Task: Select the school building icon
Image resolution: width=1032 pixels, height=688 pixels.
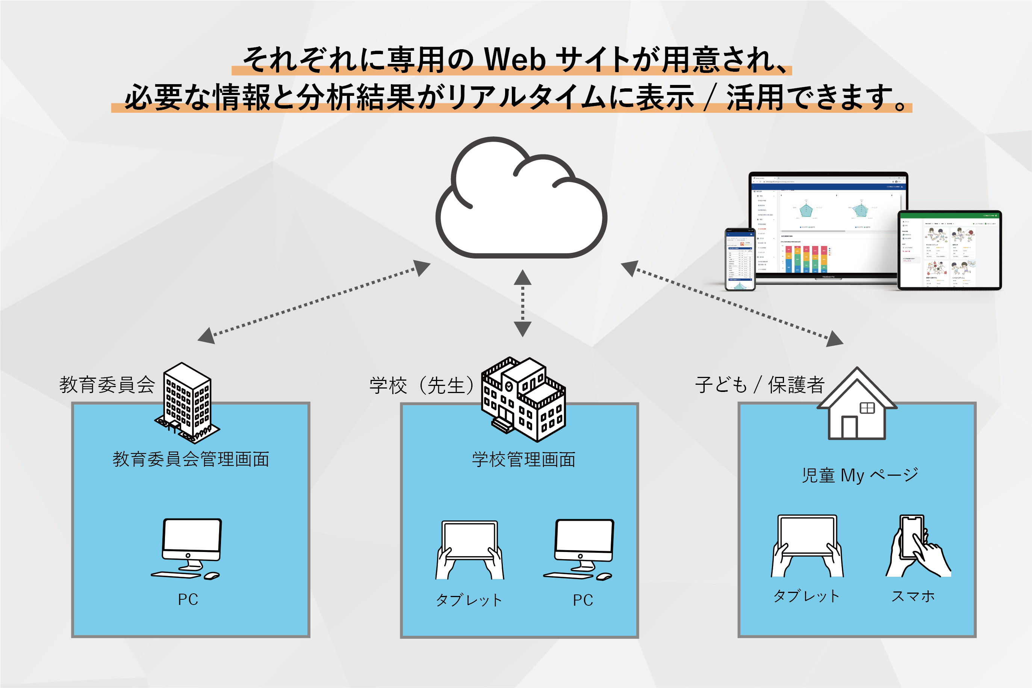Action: [524, 399]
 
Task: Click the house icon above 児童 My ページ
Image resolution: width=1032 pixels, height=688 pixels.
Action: [856, 405]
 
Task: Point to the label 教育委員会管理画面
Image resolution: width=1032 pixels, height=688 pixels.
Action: [191, 459]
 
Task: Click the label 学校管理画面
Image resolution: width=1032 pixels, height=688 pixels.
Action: [524, 460]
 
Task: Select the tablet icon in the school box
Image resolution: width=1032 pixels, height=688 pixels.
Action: [469, 550]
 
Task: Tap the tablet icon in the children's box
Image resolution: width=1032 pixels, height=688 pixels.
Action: [807, 546]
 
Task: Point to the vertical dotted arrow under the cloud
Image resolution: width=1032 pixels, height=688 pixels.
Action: [523, 303]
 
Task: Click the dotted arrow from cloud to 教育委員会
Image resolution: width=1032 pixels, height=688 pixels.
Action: [314, 302]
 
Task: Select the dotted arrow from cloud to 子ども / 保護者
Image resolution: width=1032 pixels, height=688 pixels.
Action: [732, 303]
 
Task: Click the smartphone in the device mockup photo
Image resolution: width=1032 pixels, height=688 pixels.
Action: [740, 259]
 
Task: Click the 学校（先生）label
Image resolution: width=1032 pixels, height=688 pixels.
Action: [421, 385]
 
